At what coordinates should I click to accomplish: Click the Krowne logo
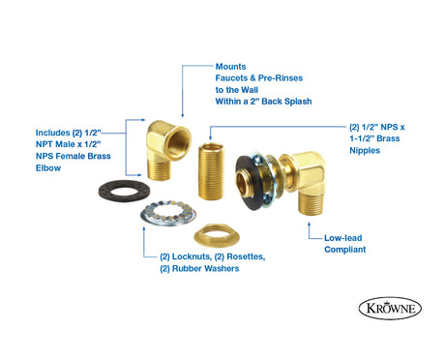point(390,308)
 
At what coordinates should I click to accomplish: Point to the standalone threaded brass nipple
point(211,171)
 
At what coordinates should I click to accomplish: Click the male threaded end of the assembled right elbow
point(311,202)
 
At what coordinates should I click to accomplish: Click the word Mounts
point(230,67)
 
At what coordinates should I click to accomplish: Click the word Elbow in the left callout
point(48,167)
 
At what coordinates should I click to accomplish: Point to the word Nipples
point(365,150)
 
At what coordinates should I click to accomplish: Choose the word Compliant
point(345,250)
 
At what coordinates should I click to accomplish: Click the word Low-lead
point(343,238)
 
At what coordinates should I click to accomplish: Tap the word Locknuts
point(193,256)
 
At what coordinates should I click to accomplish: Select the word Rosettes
point(246,256)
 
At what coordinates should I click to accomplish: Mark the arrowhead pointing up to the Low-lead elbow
point(309,224)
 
